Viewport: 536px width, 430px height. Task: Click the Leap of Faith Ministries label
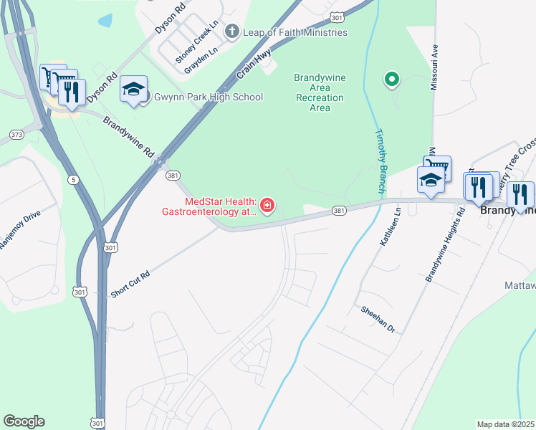295,32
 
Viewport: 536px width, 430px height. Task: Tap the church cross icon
231,32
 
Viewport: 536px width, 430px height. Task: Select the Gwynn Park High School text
209,97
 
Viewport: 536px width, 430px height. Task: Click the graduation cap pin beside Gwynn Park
133,89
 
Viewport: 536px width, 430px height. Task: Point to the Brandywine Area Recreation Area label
320,92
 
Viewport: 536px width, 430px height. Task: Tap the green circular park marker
391,80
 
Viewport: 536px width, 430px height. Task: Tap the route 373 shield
16,135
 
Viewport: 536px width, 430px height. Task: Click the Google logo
24,421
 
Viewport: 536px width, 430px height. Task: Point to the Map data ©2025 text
505,424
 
